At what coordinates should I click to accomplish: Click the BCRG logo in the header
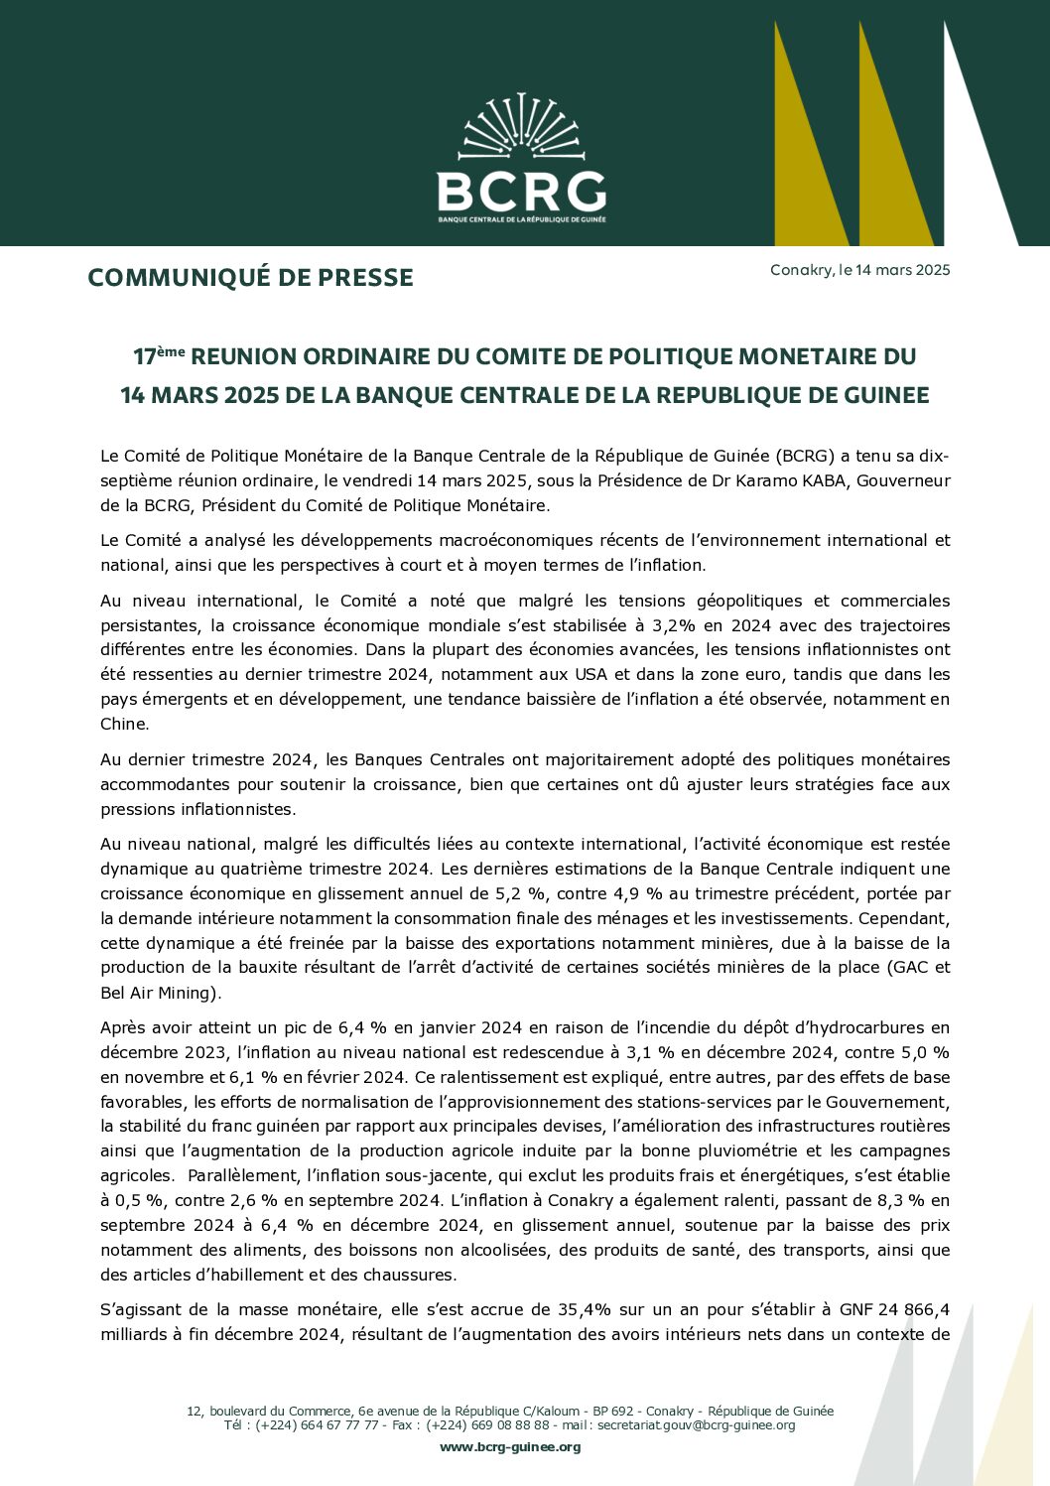pyautogui.click(x=521, y=159)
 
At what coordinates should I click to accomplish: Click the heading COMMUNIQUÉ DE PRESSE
pyautogui.click(x=250, y=278)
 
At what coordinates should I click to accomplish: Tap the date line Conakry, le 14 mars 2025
pyautogui.click(x=859, y=270)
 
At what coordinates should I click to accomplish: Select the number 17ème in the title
pyautogui.click(x=159, y=356)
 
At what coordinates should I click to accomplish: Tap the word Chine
pyautogui.click(x=124, y=724)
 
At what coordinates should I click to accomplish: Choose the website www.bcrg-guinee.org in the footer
pyautogui.click(x=510, y=1447)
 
